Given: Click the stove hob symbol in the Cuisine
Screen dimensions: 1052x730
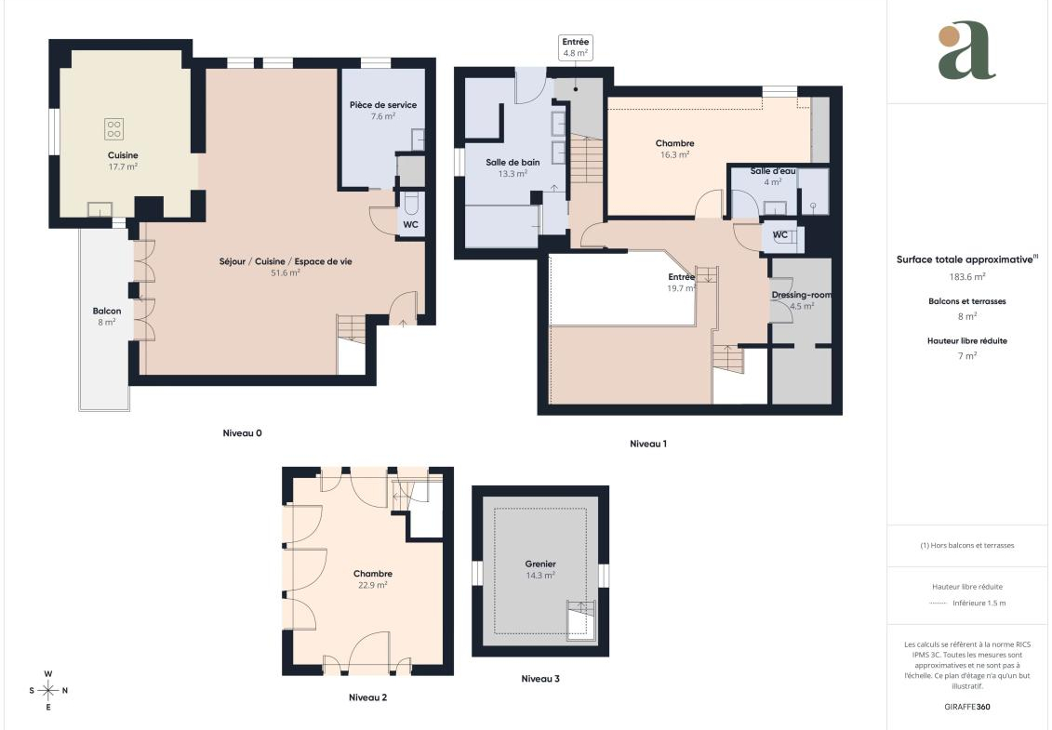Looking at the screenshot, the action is [114, 129].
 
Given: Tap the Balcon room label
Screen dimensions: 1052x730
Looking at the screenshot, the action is [107, 311].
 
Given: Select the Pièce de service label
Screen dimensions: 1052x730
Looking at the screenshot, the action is [383, 105].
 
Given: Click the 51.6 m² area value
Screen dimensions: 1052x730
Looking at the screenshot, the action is [286, 273].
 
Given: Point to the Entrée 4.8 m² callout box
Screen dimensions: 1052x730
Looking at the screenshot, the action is [576, 47].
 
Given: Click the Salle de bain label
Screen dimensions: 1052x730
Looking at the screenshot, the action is [513, 163].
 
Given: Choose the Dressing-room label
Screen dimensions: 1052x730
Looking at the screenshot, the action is [801, 295].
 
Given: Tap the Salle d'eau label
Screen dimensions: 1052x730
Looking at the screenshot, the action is [773, 171].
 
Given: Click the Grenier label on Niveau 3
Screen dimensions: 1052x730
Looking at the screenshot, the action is [540, 564].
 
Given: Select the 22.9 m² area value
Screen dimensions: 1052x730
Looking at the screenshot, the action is [372, 585].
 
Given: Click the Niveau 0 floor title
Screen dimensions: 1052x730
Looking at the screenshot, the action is [242, 432].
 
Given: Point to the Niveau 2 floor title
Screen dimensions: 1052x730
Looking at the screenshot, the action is [367, 697].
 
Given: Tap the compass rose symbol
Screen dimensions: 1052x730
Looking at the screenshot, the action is [48, 690].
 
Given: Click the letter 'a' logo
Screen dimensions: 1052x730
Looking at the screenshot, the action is [966, 50].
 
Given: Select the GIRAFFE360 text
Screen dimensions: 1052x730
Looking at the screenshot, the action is [966, 707].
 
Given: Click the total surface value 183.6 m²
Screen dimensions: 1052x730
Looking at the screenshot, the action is [966, 276].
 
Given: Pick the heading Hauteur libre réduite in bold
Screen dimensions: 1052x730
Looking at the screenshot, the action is [966, 341].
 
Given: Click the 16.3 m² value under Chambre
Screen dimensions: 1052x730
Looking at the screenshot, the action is [675, 154].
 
